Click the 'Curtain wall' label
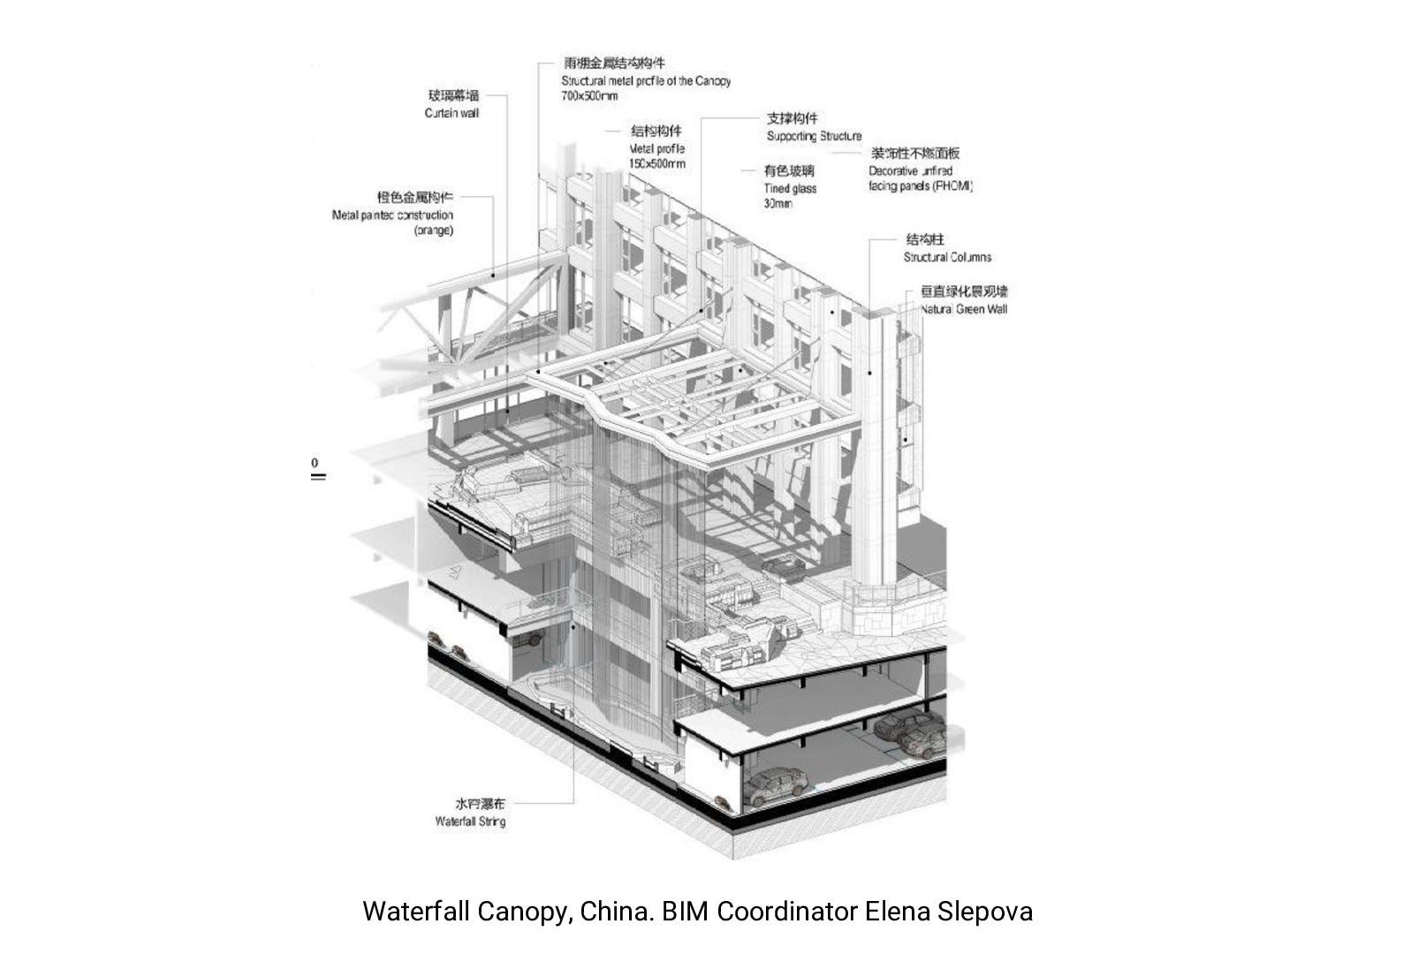[x=451, y=113]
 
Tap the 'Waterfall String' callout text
[x=470, y=821]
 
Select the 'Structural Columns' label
[x=947, y=257]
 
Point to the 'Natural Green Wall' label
[x=963, y=309]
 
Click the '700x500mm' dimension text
[x=589, y=95]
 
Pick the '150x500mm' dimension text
[x=657, y=163]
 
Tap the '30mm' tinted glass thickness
[x=777, y=203]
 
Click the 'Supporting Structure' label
[x=814, y=136]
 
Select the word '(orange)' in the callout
[x=433, y=231]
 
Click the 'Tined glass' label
[x=790, y=188]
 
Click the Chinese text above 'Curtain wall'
[x=453, y=95]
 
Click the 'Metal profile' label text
[x=656, y=149]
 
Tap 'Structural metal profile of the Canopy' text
[x=646, y=80]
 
